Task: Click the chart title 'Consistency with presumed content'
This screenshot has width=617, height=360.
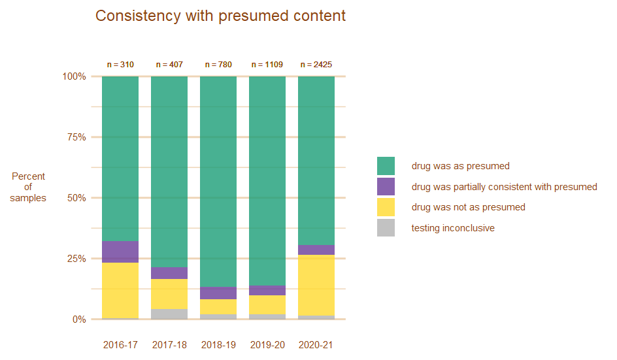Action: tap(220, 16)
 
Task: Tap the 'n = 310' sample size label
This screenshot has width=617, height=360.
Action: tap(120, 65)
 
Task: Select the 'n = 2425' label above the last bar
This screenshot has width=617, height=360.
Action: tap(316, 65)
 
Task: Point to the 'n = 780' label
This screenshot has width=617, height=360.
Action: tap(218, 65)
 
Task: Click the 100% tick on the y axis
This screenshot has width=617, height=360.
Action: tap(74, 76)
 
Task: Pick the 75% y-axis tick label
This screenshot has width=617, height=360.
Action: tap(76, 137)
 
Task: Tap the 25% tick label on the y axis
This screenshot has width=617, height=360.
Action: tap(76, 259)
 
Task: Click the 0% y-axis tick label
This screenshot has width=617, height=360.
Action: tap(78, 319)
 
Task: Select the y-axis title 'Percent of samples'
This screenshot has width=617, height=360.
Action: tap(28, 187)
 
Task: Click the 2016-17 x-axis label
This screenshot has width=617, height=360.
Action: tap(120, 345)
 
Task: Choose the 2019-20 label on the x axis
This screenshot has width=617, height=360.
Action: tap(267, 345)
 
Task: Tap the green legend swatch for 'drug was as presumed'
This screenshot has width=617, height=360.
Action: tap(386, 166)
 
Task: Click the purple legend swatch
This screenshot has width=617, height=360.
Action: tap(386, 187)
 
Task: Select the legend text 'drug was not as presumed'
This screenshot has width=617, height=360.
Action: tap(468, 207)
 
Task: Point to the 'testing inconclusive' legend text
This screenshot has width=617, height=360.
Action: tap(452, 228)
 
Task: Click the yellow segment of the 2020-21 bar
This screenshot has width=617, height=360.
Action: tap(316, 285)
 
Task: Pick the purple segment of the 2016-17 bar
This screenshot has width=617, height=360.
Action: tap(120, 252)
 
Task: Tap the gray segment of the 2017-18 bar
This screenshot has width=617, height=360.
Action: tap(169, 314)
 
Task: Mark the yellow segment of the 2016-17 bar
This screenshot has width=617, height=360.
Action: tap(120, 290)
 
